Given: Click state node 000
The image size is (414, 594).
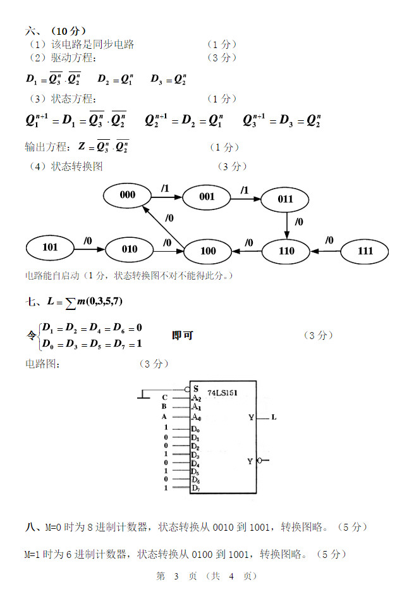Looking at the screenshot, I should [128, 195].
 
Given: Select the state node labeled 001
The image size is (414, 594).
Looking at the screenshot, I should [207, 197].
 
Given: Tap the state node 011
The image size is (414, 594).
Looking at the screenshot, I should [286, 199].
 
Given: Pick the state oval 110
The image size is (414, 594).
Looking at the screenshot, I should [286, 251].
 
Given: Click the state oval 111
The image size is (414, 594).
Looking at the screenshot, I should [365, 251].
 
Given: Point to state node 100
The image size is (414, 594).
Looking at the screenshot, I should [208, 251].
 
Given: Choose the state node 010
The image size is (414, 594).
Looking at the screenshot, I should [130, 249].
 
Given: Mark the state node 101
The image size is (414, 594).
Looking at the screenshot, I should [50, 247].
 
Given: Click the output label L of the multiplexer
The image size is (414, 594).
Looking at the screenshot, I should [274, 418].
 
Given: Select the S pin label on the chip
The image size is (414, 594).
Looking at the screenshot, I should [196, 388].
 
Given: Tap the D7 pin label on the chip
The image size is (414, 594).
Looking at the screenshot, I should [196, 488].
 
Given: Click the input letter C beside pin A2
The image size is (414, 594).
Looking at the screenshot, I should [164, 398].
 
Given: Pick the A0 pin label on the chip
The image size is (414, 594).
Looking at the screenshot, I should [197, 417].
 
